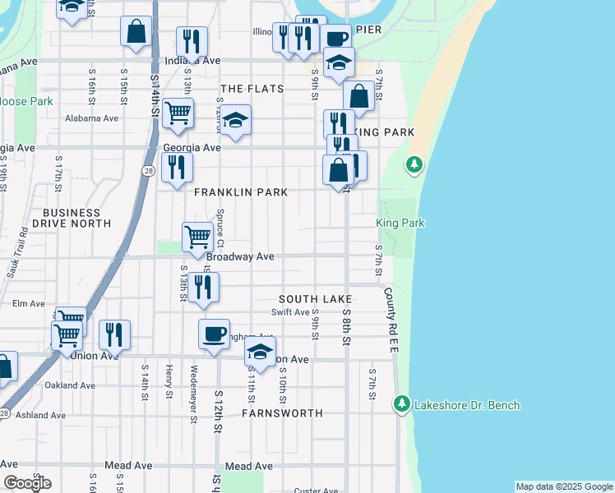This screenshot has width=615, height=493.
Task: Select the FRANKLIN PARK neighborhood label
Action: (x=241, y=192)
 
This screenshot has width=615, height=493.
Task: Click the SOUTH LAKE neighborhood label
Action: (x=315, y=299)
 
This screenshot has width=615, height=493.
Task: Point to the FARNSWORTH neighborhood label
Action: (x=282, y=412)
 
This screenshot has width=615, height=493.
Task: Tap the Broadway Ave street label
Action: (x=240, y=256)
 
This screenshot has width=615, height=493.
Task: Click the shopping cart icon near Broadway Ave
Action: (x=197, y=237)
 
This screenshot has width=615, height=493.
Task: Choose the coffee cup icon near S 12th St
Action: (x=214, y=334)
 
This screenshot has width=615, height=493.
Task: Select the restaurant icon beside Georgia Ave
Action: (x=177, y=168)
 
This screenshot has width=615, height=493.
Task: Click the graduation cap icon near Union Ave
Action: (x=260, y=352)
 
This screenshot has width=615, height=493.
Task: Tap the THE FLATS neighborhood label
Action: (x=252, y=89)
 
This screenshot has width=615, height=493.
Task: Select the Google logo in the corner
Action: (x=26, y=483)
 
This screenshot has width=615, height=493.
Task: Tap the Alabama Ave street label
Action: (x=92, y=118)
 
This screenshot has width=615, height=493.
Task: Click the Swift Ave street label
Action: (x=290, y=312)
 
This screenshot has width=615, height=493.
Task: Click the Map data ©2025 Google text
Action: (x=564, y=486)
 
